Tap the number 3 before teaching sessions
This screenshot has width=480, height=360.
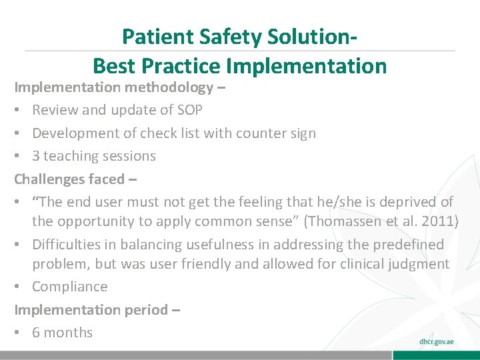(x=36, y=156)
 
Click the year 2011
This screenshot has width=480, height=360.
(x=439, y=221)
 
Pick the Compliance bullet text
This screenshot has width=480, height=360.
(x=69, y=287)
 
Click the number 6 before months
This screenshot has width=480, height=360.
(x=36, y=333)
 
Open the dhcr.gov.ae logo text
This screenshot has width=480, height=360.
(x=437, y=341)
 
